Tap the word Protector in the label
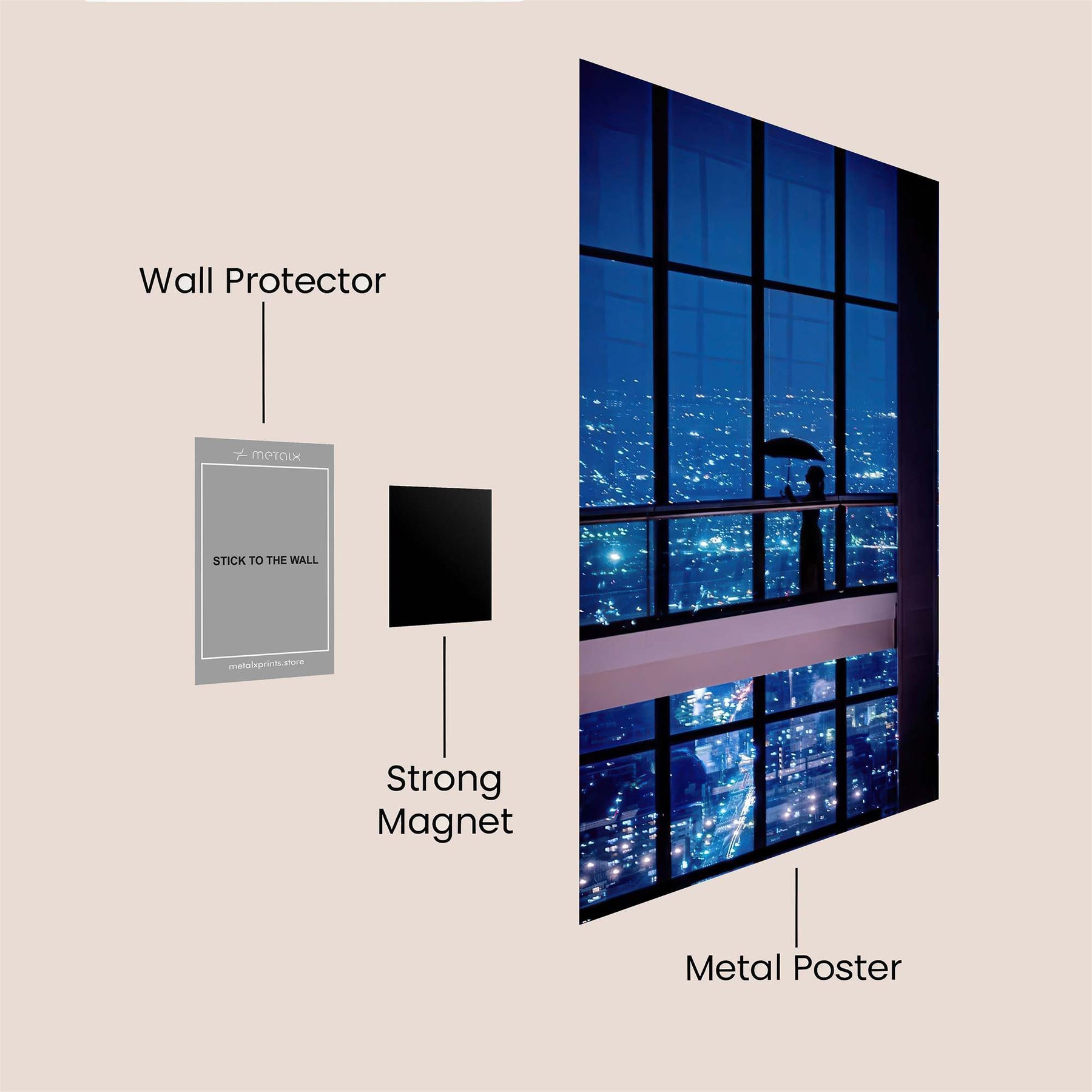(305, 282)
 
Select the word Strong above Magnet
(444, 780)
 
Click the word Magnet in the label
(445, 822)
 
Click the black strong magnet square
(440, 556)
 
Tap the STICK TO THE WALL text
(265, 561)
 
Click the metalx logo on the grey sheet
(267, 455)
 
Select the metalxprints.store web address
(266, 664)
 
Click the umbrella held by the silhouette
(794, 450)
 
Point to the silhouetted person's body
(812, 534)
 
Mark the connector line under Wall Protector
(263, 362)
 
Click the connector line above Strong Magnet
(445, 696)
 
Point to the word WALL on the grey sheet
(303, 561)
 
